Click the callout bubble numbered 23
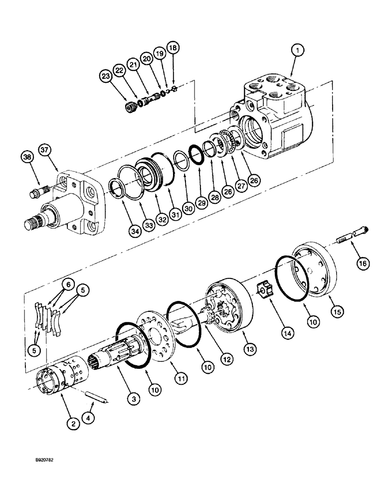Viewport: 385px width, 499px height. [x=106, y=76]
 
